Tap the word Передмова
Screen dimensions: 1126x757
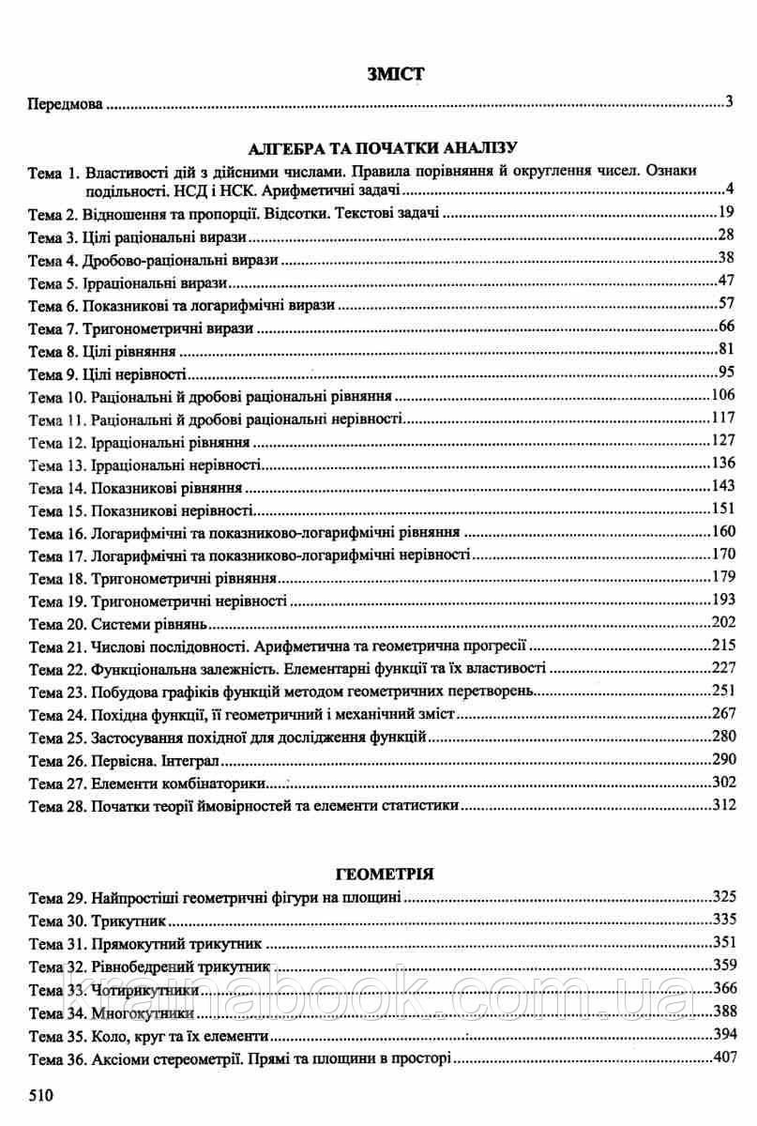tap(64, 103)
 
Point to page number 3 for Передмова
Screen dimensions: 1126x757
tap(729, 102)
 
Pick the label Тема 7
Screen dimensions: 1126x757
tap(53, 329)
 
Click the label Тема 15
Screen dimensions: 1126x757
tap(56, 511)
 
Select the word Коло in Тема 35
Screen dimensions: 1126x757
tap(109, 1038)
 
